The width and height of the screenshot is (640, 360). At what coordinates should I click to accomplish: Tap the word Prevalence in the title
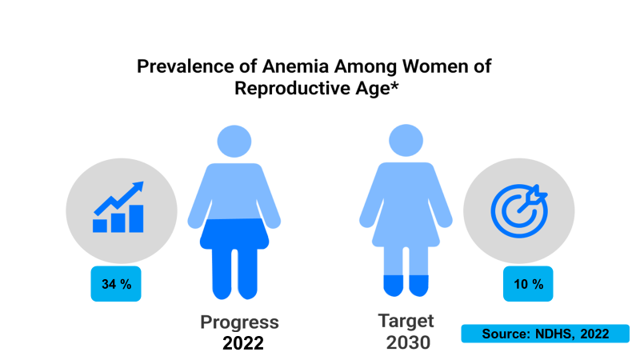point(186,66)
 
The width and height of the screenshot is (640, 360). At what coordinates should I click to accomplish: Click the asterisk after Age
point(394,85)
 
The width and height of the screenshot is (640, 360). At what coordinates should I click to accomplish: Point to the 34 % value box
point(116,284)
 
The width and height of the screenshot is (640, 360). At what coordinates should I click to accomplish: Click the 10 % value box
point(528,284)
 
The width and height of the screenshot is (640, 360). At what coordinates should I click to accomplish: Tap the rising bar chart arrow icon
point(118,207)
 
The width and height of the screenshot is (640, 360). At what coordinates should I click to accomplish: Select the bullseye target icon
point(519,210)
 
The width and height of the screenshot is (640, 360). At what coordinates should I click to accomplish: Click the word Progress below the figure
point(239,322)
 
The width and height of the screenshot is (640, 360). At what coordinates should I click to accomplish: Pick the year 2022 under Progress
point(243,343)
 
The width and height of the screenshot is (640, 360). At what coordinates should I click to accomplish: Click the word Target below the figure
point(406,321)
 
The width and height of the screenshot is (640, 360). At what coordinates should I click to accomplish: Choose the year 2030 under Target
point(408,342)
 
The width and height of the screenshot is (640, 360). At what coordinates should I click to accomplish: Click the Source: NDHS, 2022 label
point(546,334)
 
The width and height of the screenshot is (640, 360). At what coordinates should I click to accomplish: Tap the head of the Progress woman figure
point(234,142)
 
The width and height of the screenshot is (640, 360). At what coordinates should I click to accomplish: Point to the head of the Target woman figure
point(406,141)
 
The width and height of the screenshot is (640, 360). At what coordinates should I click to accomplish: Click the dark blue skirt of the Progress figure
point(234,234)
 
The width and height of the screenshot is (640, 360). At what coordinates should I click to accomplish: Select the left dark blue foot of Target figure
point(394,286)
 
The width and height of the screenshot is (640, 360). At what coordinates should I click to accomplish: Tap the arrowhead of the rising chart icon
point(138,187)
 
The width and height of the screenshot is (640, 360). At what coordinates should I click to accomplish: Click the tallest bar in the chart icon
point(136,218)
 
